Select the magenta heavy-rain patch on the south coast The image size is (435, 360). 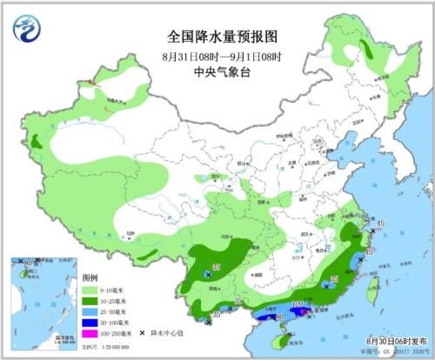tap(300, 312)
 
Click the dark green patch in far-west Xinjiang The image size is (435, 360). tap(36, 140)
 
